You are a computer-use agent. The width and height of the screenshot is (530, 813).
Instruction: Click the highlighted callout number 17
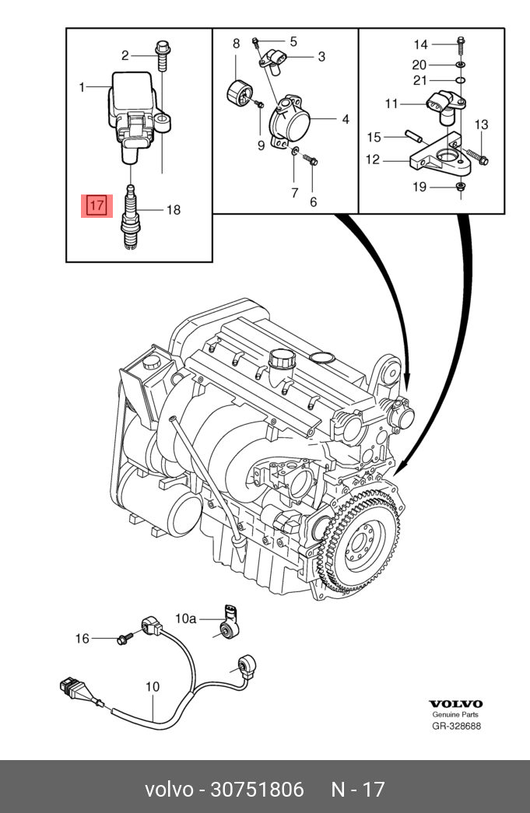pyautogui.click(x=97, y=205)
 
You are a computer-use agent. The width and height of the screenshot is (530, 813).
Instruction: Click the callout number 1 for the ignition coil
pyautogui.click(x=82, y=86)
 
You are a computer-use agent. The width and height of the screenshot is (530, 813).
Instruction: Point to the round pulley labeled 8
pyautogui.click(x=239, y=94)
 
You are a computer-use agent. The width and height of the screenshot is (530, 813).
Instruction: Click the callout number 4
pyautogui.click(x=346, y=119)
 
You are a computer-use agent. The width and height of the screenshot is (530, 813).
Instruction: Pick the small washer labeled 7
pyautogui.click(x=294, y=152)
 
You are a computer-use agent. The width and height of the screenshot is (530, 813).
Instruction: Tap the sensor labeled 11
pyautogui.click(x=444, y=107)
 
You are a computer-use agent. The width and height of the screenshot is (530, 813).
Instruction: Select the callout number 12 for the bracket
pyautogui.click(x=372, y=159)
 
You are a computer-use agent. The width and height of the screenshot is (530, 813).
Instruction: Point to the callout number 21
pyautogui.click(x=419, y=80)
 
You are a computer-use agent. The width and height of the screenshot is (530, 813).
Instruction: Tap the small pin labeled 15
pyautogui.click(x=416, y=136)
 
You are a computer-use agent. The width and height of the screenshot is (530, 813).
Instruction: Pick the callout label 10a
pyautogui.click(x=186, y=618)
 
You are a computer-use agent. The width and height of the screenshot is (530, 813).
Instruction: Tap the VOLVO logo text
pyautogui.click(x=455, y=704)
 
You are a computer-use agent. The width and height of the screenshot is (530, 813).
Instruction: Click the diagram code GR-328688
pyautogui.click(x=456, y=726)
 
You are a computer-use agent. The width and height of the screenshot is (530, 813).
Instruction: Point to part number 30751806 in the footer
pyautogui.click(x=257, y=789)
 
